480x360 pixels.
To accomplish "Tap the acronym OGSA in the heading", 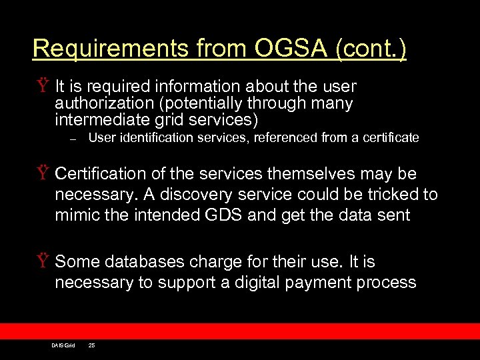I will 283,49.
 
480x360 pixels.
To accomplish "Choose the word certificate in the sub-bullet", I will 391,138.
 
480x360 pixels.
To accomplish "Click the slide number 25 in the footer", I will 91,345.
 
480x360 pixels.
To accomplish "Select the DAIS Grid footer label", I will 63,345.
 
